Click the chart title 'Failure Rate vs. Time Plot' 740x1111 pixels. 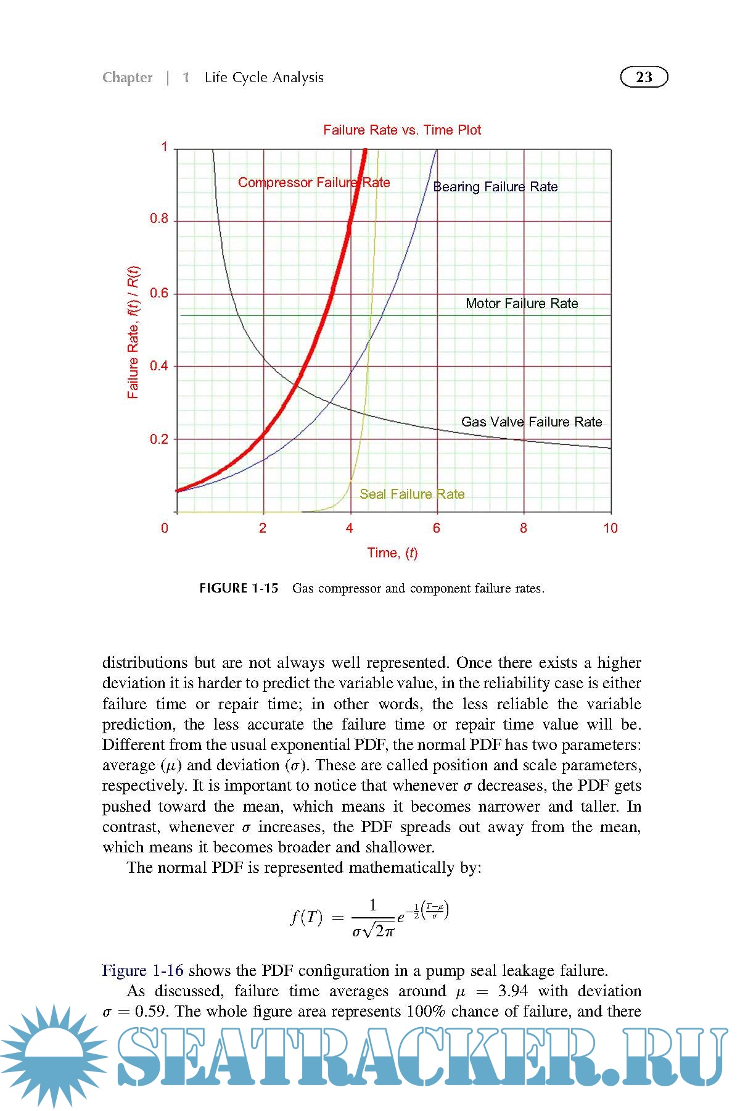click(x=402, y=130)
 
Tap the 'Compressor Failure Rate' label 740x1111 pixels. click(x=314, y=183)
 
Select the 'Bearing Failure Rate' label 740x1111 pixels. click(x=495, y=187)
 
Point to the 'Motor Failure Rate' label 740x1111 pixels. click(x=522, y=303)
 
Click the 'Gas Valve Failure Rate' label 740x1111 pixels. click(x=532, y=422)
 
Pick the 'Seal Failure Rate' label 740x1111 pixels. click(x=412, y=494)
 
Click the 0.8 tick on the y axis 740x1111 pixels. click(x=159, y=219)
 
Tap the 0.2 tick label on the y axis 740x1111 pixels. click(x=159, y=439)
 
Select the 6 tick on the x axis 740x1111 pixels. click(x=437, y=528)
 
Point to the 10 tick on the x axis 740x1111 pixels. click(x=610, y=528)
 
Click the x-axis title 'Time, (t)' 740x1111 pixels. click(x=392, y=553)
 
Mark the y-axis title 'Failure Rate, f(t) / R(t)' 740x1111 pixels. click(x=133, y=332)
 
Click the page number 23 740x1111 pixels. click(x=644, y=77)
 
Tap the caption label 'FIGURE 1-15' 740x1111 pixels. click(x=239, y=588)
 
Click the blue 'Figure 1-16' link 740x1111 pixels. click(x=142, y=970)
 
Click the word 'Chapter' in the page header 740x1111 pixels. click(x=127, y=78)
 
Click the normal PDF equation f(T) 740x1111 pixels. click(x=369, y=917)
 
